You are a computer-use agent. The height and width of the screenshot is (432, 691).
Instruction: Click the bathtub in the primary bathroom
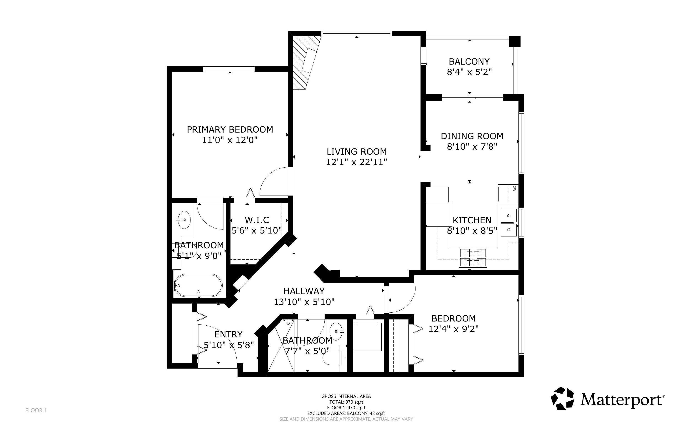198,286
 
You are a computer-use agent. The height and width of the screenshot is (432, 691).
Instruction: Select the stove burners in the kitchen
473,257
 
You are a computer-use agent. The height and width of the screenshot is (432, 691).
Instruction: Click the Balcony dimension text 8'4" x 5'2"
469,72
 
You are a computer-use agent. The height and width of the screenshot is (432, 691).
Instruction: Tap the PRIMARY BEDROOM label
230,130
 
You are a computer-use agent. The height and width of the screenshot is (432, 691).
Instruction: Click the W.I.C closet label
257,220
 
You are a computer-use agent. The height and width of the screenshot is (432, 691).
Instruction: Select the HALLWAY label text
304,291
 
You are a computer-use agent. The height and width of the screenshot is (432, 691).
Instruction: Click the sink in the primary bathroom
184,220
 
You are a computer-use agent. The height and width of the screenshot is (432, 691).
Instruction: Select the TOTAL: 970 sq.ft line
346,402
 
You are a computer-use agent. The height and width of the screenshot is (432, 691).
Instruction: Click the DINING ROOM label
472,136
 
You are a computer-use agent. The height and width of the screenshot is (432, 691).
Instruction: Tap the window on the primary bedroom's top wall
228,69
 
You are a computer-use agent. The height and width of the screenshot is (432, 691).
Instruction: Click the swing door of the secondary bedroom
400,299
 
